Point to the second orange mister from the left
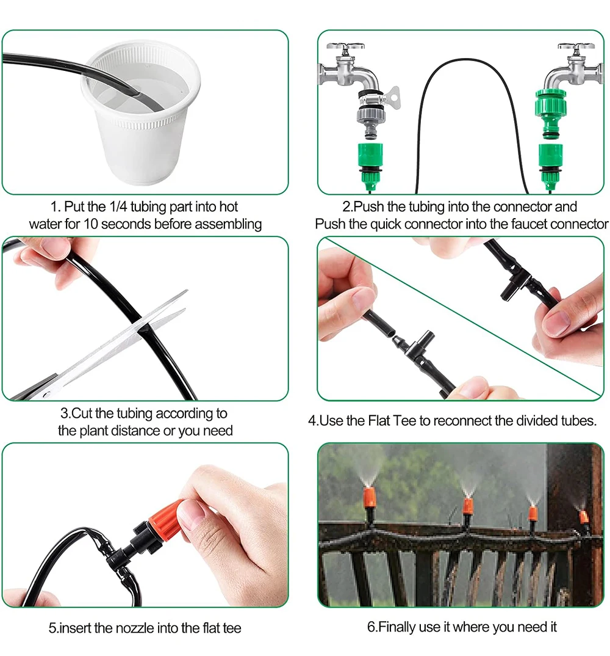point(468,506)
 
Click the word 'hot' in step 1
point(229,206)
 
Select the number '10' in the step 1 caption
point(90,224)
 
